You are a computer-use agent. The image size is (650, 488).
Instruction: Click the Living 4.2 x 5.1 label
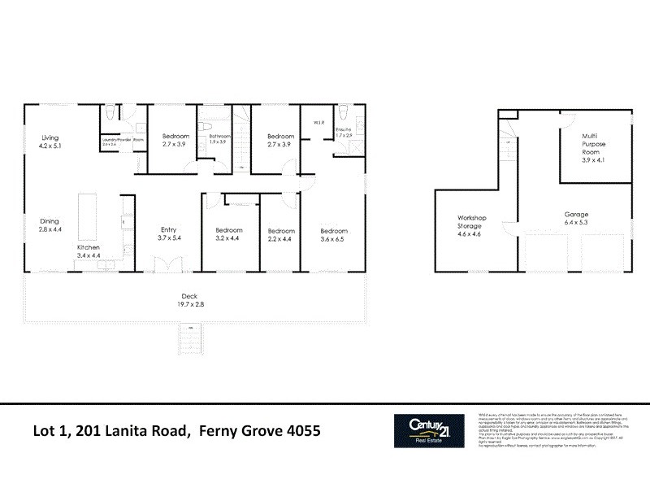pyautogui.click(x=50, y=142)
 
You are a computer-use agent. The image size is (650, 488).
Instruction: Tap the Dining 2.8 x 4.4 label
pyautogui.click(x=50, y=224)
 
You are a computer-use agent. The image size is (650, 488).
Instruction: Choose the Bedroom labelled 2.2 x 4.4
pyautogui.click(x=280, y=234)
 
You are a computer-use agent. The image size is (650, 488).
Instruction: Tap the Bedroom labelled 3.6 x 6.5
pyautogui.click(x=333, y=234)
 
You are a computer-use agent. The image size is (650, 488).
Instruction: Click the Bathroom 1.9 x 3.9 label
pyautogui.click(x=220, y=139)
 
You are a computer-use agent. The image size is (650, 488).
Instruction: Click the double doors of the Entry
pyautogui.click(x=172, y=264)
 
